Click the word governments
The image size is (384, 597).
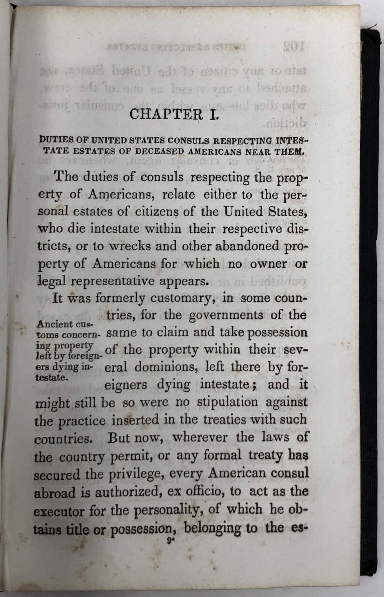[x=226, y=316]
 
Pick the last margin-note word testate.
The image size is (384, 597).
[x=52, y=377]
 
